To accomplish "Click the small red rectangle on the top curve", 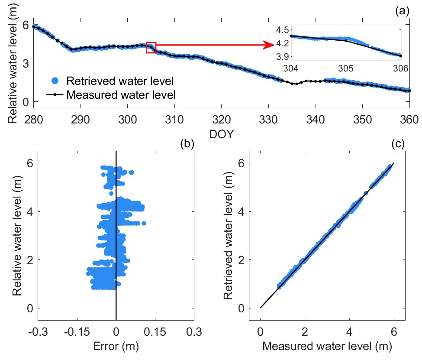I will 151,48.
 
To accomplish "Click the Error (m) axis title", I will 116,346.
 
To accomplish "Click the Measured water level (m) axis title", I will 327,346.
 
